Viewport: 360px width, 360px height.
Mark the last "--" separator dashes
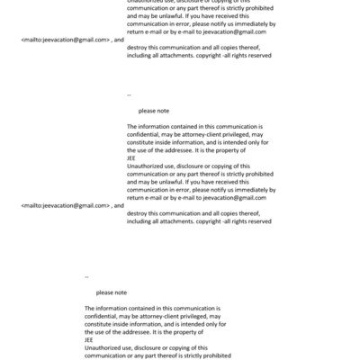click(86, 276)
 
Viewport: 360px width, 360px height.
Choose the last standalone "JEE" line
click(89, 340)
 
